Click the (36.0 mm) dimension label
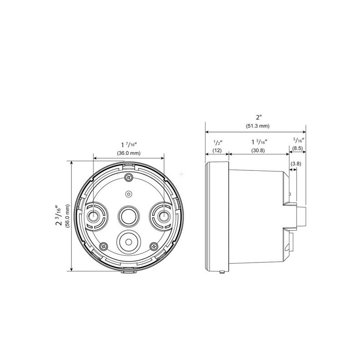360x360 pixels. (x=129, y=154)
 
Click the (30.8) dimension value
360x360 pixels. (x=258, y=150)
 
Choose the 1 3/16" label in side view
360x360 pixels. (x=258, y=142)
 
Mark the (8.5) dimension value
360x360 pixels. (x=298, y=149)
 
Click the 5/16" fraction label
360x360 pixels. (x=298, y=140)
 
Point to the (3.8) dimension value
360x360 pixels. (x=295, y=164)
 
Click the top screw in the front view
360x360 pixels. (x=129, y=177)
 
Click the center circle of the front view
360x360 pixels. (x=128, y=215)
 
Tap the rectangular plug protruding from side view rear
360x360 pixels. (x=301, y=216)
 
